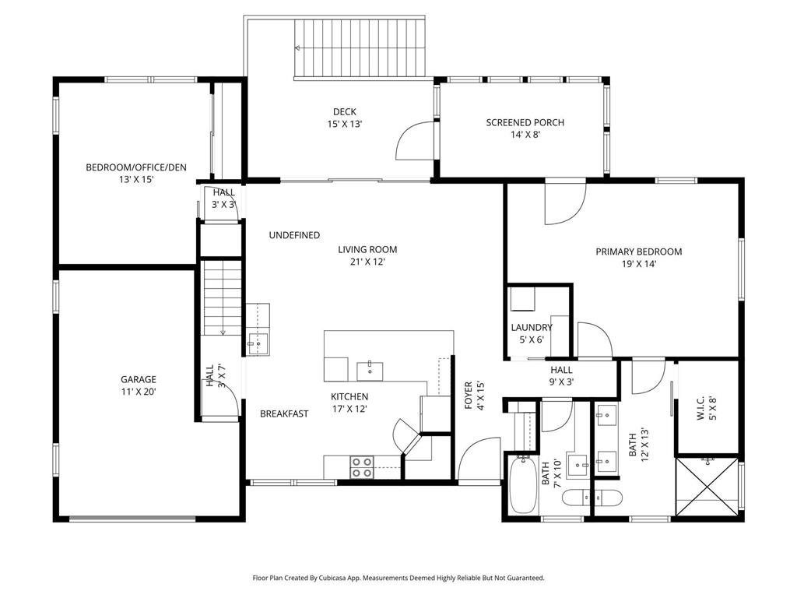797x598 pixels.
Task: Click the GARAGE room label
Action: (138, 380)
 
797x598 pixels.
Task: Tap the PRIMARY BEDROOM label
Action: (638, 252)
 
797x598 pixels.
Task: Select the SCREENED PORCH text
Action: (525, 122)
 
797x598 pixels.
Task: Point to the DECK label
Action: (344, 112)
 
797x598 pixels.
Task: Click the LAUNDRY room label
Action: (532, 328)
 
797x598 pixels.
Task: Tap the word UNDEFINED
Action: (294, 235)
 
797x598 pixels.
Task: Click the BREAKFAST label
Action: (284, 413)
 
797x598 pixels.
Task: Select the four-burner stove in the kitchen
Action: (361, 466)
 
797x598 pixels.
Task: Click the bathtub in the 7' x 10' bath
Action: (522, 485)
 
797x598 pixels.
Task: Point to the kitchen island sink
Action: (370, 368)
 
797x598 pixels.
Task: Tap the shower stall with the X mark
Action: (707, 487)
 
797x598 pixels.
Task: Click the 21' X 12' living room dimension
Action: (367, 262)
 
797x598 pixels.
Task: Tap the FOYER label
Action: (469, 396)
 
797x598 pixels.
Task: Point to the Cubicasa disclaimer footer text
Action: (398, 578)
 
